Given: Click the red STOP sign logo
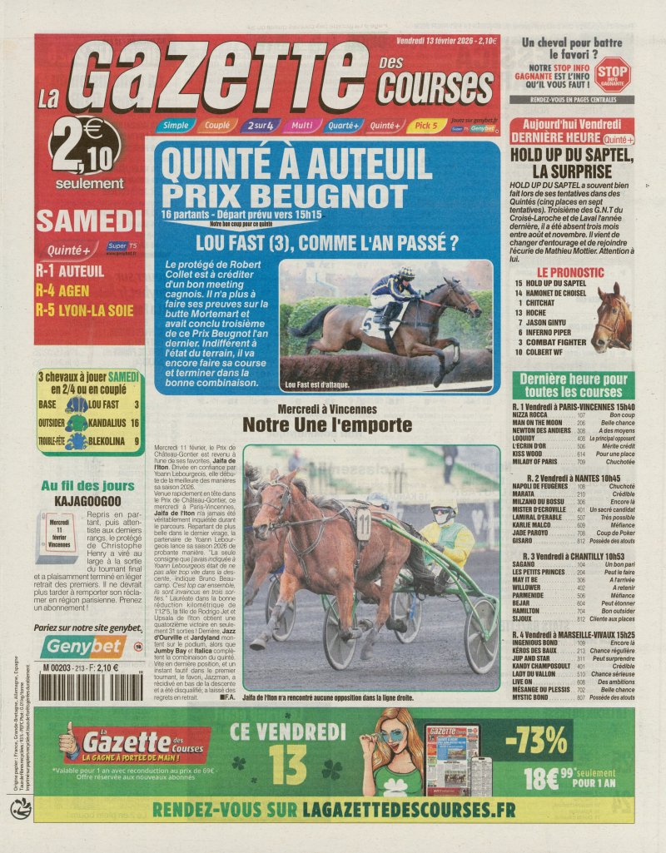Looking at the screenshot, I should [613, 72].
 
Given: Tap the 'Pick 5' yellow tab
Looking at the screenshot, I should [426, 126].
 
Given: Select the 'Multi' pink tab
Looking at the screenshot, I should [301, 126].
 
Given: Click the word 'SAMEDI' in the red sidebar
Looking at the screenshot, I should [89, 221].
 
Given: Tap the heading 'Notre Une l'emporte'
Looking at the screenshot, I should [326, 425].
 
